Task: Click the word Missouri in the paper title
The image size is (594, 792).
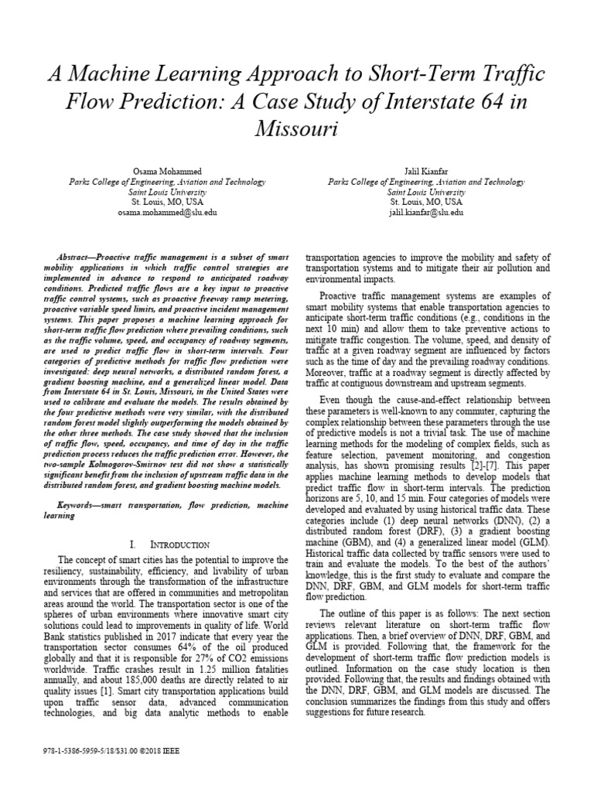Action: tap(297, 128)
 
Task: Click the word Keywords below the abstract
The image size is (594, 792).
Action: tap(80, 504)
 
